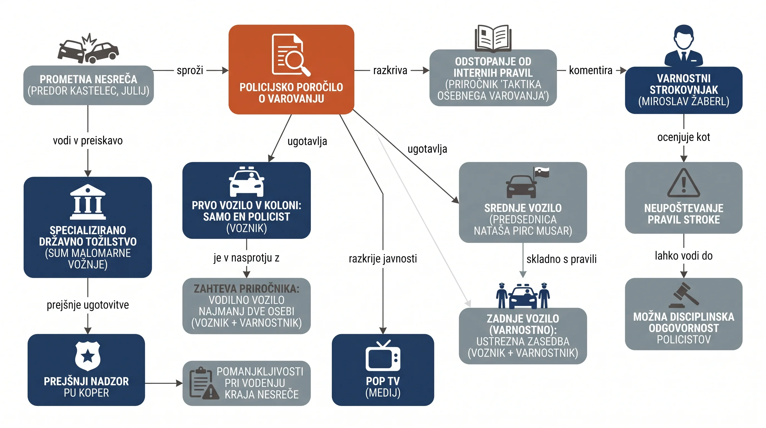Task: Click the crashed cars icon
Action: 88,48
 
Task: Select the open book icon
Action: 493,38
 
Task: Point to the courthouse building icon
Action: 88,202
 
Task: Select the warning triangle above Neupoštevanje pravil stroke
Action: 684,183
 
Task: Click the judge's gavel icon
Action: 684,295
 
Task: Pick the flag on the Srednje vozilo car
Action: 541,172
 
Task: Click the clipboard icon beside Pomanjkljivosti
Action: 204,383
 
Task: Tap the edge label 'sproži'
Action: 190,70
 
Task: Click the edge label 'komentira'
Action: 591,70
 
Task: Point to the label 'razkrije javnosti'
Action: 383,259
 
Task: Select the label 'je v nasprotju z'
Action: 247,258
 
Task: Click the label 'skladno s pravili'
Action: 561,259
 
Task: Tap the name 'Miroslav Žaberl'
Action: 684,101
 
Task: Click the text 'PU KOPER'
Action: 86,393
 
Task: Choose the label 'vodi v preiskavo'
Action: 88,140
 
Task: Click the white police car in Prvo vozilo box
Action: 247,182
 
